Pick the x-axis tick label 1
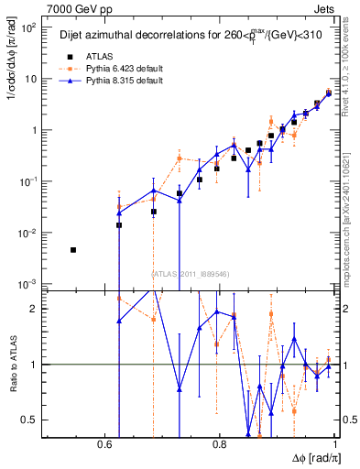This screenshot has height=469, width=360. [335, 444]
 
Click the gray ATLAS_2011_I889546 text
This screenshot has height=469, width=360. [190, 273]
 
